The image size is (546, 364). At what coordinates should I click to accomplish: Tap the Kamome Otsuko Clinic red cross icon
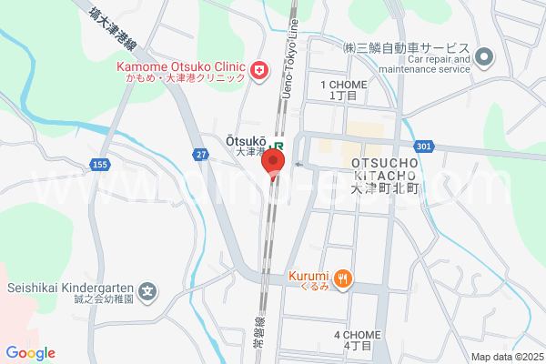coord(258,69)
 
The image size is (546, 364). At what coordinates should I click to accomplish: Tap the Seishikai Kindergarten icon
coord(149,292)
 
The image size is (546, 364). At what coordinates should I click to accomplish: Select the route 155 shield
coord(100,163)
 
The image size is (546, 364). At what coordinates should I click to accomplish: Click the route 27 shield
coord(199,155)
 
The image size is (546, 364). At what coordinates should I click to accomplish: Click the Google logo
coord(30,353)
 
